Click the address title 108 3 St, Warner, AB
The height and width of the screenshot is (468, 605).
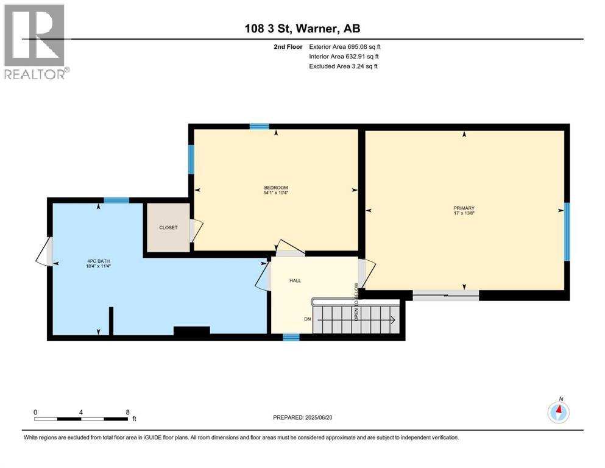302,28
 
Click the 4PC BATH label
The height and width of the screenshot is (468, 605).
98,263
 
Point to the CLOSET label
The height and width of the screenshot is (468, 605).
168,227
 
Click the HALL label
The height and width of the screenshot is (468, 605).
295,281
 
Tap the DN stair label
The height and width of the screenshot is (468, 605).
308,319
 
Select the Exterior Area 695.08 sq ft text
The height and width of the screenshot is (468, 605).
345,46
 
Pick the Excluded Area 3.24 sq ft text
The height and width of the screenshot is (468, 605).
344,66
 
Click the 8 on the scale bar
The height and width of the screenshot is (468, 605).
127,412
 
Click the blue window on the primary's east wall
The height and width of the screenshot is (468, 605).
566,232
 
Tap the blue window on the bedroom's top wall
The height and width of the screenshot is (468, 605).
259,127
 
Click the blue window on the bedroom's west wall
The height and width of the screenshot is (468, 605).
191,159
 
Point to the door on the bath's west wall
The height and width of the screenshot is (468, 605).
48,251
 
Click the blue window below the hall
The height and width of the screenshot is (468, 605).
291,337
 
